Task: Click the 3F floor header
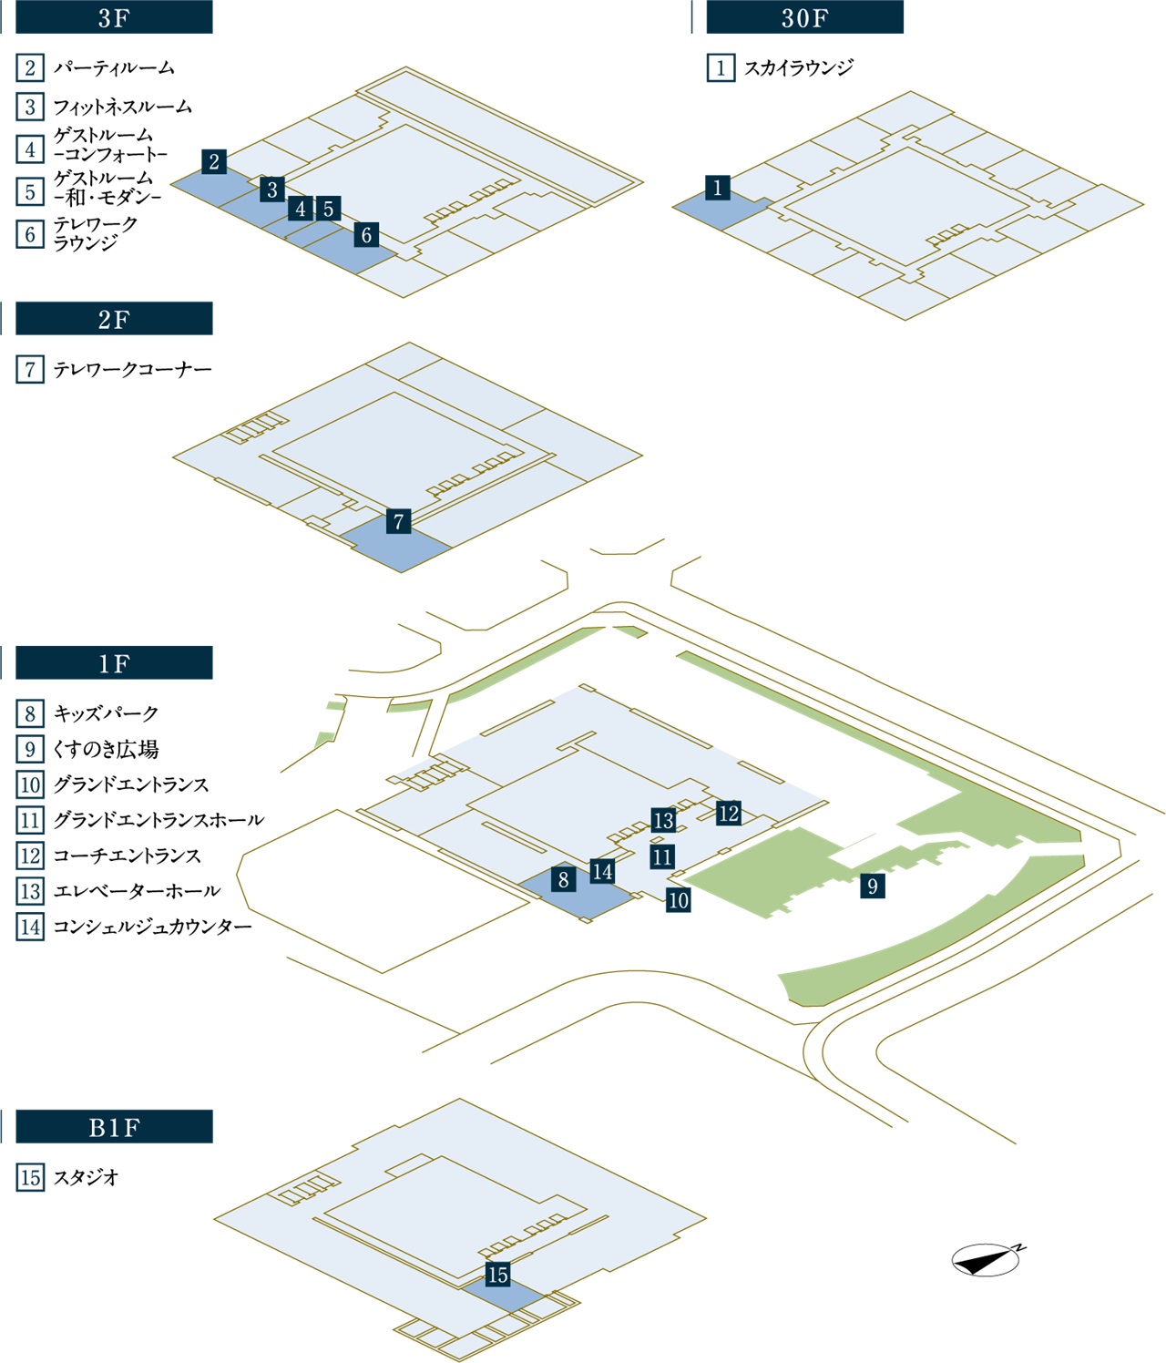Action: (x=114, y=17)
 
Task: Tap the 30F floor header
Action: (x=804, y=17)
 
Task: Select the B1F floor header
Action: (x=114, y=1127)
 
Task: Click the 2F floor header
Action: (x=114, y=319)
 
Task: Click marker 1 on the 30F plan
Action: (x=718, y=188)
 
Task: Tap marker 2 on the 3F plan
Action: (x=214, y=161)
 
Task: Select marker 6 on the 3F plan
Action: (x=366, y=234)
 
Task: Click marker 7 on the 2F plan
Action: (x=398, y=521)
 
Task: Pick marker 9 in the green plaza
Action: (x=873, y=886)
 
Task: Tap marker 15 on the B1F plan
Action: (x=497, y=1275)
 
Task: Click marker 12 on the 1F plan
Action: (x=728, y=813)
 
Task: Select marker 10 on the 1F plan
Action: (x=678, y=900)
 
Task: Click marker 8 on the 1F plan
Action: (x=564, y=879)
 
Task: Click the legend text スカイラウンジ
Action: (x=799, y=67)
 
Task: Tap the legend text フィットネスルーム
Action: (x=123, y=107)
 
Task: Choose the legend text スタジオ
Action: (x=87, y=1177)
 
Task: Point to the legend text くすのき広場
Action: (x=106, y=749)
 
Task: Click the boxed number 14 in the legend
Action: (x=30, y=927)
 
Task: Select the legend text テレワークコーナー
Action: (x=132, y=369)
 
